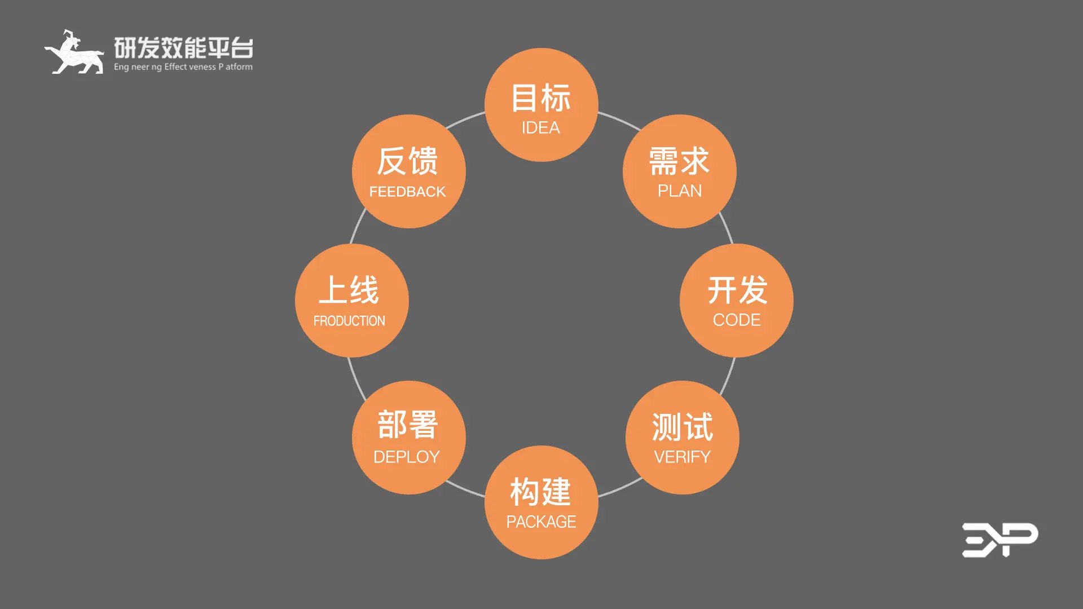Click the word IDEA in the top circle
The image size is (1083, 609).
coord(540,128)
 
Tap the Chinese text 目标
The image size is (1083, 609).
coord(540,98)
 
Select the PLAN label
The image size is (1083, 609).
coord(680,191)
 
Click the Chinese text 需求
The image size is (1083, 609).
coord(679,161)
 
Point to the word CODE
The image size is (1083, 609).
coord(737,320)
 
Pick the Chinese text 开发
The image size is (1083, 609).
coord(737,290)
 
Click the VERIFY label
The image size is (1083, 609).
coord(682,457)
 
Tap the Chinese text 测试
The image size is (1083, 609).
coord(682,427)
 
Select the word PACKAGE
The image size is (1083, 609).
coord(541,522)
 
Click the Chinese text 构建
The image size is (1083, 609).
coord(540,492)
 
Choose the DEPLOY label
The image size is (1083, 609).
coord(407,457)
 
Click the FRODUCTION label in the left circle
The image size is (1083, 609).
coord(349,321)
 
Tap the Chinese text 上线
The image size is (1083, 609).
coord(349,290)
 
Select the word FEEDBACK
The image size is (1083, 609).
coord(407,192)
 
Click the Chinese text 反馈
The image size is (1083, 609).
coord(407,161)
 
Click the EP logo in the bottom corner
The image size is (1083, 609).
coord(1000,540)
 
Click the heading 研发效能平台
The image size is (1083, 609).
coord(183,48)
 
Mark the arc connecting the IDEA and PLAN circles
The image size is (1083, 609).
coord(619,120)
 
